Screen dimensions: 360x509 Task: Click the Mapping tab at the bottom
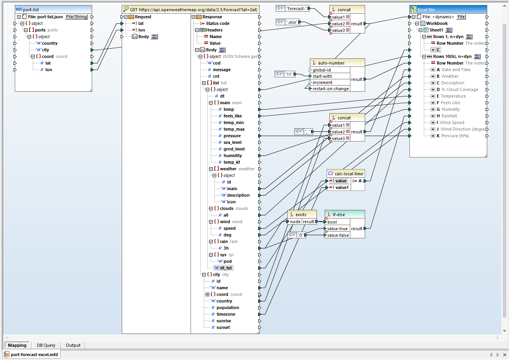17,345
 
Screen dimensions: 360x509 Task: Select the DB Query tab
46,345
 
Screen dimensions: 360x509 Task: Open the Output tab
73,345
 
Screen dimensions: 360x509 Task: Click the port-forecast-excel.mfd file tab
34,355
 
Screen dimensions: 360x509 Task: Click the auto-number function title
331,63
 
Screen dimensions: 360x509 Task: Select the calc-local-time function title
349,174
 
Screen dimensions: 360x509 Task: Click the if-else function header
339,215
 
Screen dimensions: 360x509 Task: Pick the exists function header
301,215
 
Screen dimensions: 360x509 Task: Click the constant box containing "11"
289,74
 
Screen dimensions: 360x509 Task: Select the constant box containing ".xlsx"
292,22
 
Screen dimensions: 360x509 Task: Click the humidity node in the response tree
233,156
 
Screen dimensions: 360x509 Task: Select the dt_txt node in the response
226,268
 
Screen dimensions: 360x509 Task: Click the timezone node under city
226,314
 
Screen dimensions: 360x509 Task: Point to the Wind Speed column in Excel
452,122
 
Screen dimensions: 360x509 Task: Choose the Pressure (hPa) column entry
455,136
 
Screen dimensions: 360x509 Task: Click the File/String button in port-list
76,17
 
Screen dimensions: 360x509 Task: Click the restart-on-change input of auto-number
331,89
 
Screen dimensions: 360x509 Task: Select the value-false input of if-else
338,235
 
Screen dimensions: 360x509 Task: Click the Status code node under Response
217,23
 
